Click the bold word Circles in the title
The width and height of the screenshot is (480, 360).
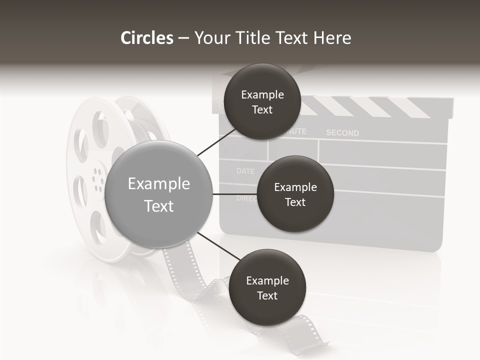[147, 38]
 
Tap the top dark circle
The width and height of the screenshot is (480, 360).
[262, 101]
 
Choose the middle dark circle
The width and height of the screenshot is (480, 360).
[295, 194]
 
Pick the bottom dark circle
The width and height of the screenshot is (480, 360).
[267, 287]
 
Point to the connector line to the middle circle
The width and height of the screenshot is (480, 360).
[234, 194]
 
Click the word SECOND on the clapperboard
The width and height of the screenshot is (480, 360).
[342, 133]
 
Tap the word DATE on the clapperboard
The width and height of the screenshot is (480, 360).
[245, 171]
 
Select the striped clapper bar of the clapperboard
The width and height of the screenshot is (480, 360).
[370, 106]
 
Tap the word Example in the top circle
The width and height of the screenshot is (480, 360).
[262, 94]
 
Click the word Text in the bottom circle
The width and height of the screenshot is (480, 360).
[267, 295]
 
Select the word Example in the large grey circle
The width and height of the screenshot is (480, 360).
[159, 184]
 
